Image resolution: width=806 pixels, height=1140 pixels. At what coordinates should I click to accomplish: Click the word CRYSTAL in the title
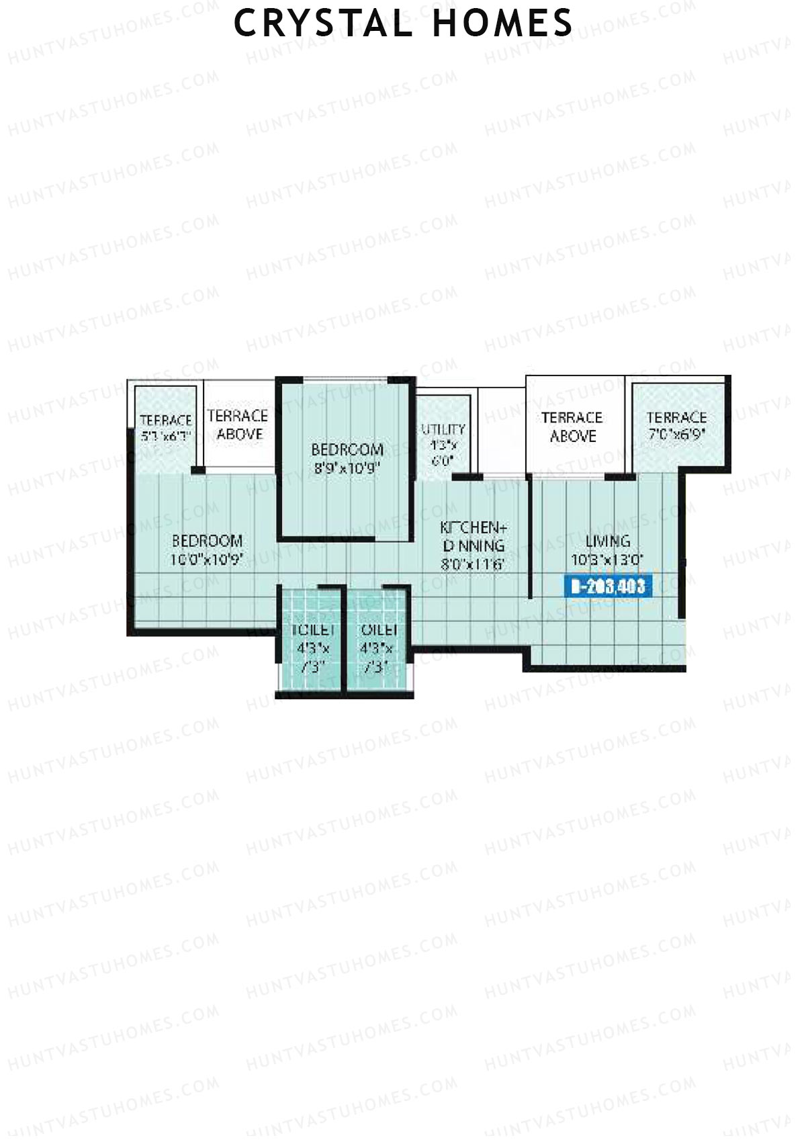click(x=322, y=24)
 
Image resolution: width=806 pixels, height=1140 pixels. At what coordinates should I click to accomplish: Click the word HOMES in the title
click(x=503, y=24)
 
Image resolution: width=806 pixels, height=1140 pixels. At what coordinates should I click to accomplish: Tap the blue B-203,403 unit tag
click(x=608, y=586)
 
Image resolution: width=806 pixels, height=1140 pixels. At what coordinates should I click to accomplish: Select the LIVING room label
click(x=608, y=541)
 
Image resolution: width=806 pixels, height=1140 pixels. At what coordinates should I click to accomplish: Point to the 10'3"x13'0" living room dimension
click(x=608, y=560)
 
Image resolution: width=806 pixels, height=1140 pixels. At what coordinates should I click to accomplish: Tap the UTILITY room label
click(x=443, y=429)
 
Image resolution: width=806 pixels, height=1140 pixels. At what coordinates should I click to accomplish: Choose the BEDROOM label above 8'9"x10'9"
click(x=347, y=449)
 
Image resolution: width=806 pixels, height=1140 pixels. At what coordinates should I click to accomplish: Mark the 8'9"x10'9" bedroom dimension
click(x=347, y=468)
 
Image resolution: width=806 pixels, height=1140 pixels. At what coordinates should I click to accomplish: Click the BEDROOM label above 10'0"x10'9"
click(x=207, y=541)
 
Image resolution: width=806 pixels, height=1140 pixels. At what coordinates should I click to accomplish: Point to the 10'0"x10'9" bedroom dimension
click(x=207, y=560)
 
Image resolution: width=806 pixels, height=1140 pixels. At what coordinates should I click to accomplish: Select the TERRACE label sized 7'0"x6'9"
click(x=676, y=417)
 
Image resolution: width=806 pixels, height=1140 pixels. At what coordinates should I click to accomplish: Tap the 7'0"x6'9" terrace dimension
click(x=676, y=435)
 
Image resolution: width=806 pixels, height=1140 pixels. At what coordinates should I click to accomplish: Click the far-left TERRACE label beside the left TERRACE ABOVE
click(x=166, y=421)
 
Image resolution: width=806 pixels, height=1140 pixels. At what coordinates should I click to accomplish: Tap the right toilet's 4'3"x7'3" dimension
click(x=379, y=658)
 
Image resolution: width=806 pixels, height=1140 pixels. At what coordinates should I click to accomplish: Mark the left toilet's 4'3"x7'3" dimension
click(x=312, y=658)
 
